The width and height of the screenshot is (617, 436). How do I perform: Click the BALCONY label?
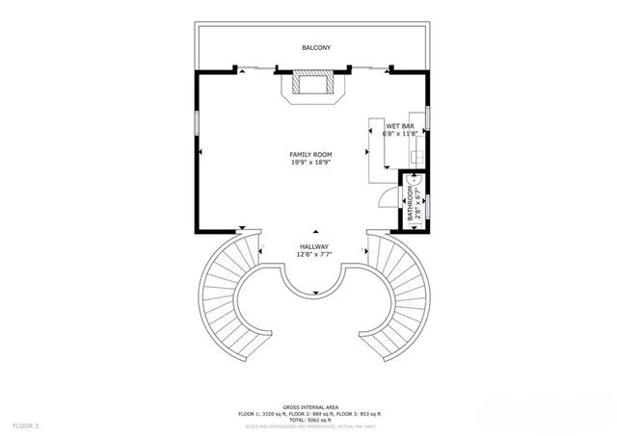[x=315, y=47]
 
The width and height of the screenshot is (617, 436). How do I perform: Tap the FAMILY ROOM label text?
[x=310, y=155]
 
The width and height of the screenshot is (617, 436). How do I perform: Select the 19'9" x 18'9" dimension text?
[x=310, y=163]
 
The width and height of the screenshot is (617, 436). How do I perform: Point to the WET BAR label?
[x=400, y=126]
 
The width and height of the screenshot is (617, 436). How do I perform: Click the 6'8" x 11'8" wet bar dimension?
[x=401, y=134]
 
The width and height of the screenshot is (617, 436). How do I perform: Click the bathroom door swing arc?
[x=389, y=193]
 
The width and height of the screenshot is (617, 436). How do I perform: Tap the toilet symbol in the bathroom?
[x=413, y=178]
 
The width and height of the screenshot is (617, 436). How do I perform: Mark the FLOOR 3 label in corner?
[x=26, y=424]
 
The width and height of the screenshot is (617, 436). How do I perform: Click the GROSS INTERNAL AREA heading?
[x=309, y=406]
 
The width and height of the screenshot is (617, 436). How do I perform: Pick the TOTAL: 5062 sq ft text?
[x=309, y=420]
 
